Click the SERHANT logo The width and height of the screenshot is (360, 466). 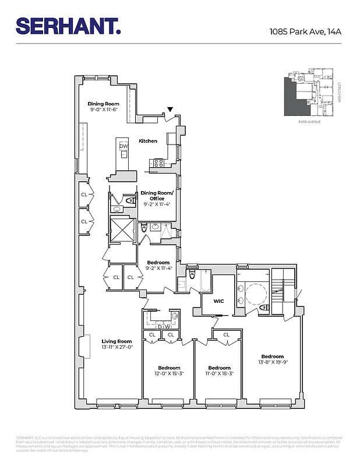pyautogui.click(x=69, y=26)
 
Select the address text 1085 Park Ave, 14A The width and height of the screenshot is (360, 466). pyautogui.click(x=305, y=31)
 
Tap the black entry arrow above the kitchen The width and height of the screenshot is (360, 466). pyautogui.click(x=170, y=109)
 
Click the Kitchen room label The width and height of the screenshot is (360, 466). pyautogui.click(x=148, y=141)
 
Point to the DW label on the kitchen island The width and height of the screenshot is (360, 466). pyautogui.click(x=123, y=146)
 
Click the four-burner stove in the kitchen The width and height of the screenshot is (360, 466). pyautogui.click(x=156, y=164)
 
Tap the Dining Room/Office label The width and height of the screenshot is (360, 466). pyautogui.click(x=157, y=199)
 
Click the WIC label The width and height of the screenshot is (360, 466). pyautogui.click(x=220, y=301)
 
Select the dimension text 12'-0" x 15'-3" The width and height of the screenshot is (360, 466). pyautogui.click(x=170, y=373)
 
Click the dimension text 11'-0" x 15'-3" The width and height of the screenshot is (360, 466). pyautogui.click(x=220, y=373)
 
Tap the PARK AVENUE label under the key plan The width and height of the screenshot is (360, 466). pyautogui.click(x=309, y=122)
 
